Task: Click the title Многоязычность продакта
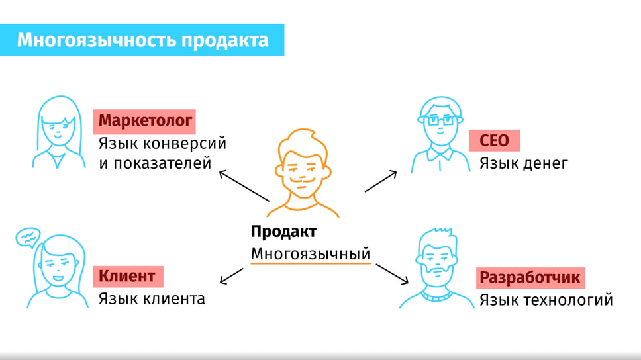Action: tap(142, 40)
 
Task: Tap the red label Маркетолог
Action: tap(144, 121)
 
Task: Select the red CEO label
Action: tap(494, 140)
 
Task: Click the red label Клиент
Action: tap(128, 276)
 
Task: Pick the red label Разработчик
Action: tap(530, 278)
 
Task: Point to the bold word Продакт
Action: tap(283, 232)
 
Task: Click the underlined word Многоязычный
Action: tap(311, 254)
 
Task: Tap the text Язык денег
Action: tap(524, 163)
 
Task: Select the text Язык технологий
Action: tap(546, 300)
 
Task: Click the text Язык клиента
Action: tap(152, 298)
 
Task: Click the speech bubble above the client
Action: tap(28, 238)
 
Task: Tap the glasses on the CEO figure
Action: tap(440, 120)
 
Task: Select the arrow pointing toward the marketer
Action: tap(244, 186)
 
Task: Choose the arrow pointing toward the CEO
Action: tap(381, 181)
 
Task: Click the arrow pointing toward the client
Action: tap(231, 276)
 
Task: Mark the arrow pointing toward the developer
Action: tap(392, 274)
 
